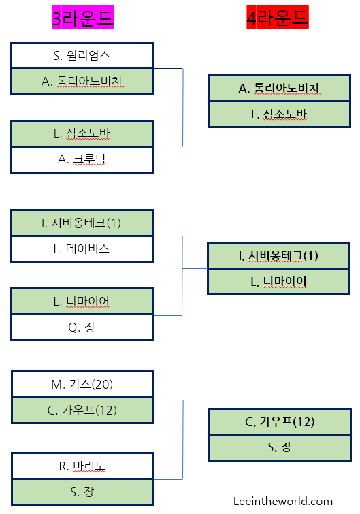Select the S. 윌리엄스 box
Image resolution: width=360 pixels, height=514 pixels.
(82, 55)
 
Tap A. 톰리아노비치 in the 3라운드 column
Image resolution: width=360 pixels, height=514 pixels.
(82, 81)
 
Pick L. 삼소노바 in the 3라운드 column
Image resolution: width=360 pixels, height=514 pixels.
(82, 133)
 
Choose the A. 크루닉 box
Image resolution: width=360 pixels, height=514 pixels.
(82, 159)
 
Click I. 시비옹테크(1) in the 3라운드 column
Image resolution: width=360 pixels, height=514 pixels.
(82, 223)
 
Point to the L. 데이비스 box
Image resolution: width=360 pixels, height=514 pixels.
(82, 248)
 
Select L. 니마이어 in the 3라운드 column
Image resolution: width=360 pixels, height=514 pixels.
(82, 301)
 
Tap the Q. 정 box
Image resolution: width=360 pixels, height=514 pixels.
(82, 327)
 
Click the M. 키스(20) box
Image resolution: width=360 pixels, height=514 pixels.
(82, 384)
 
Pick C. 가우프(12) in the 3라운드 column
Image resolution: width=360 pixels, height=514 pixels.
(82, 410)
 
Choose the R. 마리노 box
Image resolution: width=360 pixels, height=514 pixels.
(82, 466)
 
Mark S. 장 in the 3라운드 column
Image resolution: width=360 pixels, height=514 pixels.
(82, 492)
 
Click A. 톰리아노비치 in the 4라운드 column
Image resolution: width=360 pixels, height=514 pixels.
(279, 89)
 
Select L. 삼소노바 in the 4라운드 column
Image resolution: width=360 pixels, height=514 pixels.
(279, 114)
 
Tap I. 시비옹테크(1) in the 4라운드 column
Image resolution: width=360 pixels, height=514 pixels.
(279, 256)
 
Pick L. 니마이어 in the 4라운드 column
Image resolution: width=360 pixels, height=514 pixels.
(279, 281)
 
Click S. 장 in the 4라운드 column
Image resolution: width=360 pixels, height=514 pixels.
(279, 447)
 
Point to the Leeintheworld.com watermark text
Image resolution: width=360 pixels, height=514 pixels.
(282, 501)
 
